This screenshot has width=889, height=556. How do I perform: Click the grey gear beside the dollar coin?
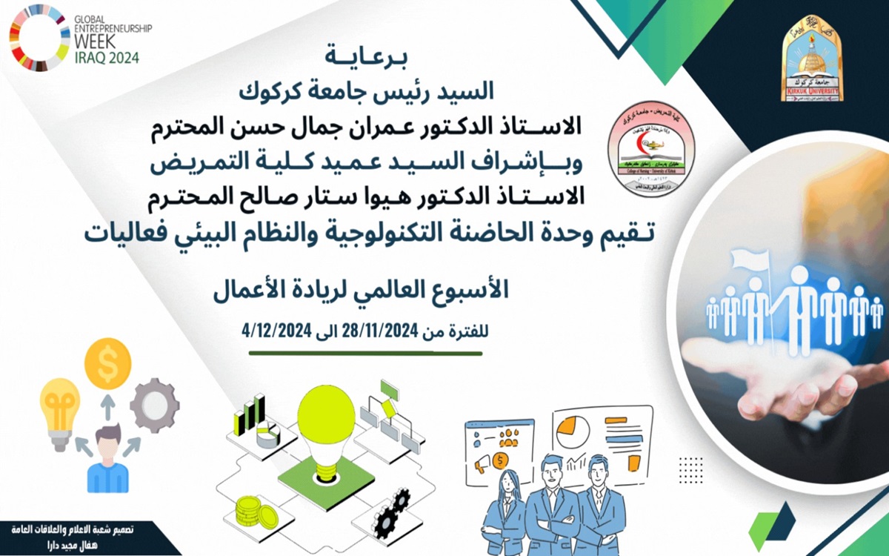[154, 404]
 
